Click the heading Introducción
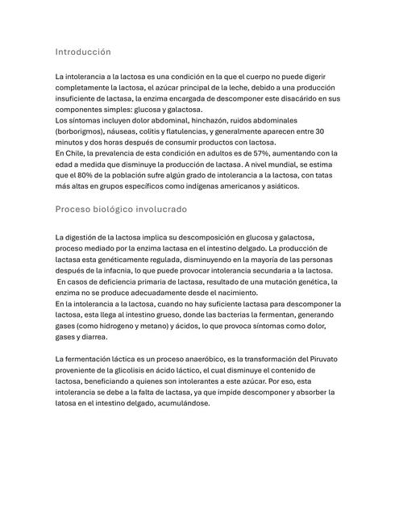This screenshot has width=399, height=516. tap(82, 52)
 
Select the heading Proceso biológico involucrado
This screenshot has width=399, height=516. tap(121, 210)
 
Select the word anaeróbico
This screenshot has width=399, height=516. tap(181, 358)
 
